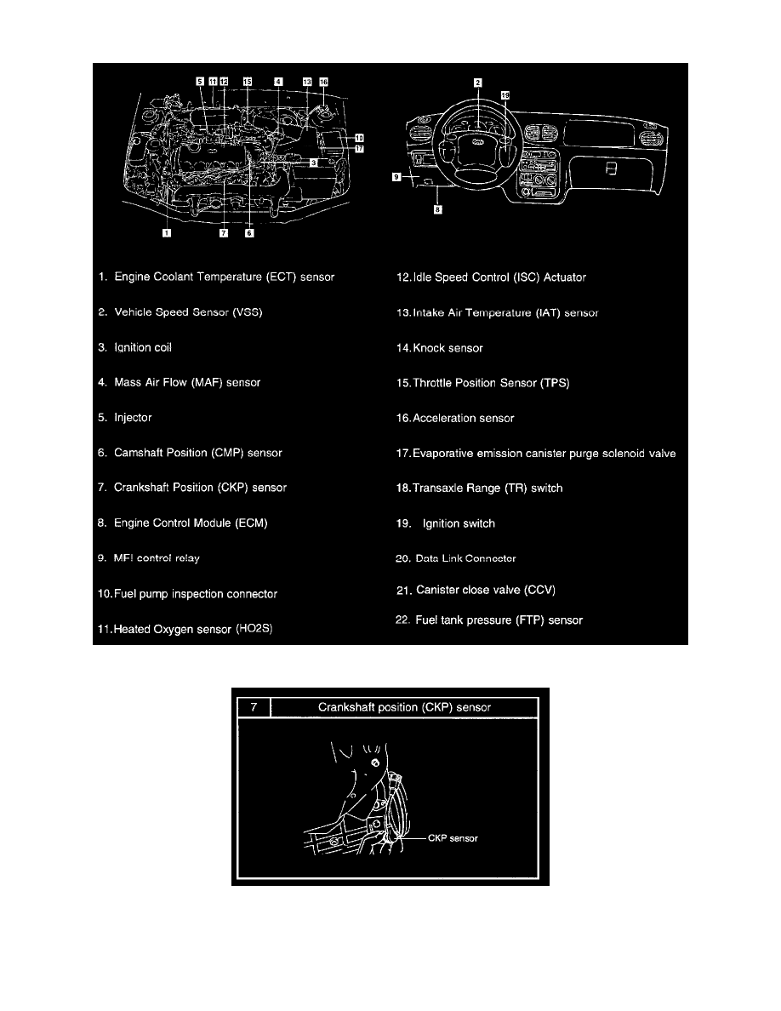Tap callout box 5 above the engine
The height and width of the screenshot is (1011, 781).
tap(200, 82)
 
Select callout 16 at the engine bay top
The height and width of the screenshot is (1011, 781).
tap(323, 82)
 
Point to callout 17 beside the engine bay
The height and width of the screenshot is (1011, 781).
tap(359, 148)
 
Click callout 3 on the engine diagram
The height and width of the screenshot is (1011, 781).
tap(314, 162)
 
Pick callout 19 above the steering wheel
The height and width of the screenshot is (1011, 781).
tap(505, 97)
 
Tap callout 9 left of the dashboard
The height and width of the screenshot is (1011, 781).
tap(396, 178)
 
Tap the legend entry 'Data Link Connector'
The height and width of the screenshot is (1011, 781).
tap(466, 559)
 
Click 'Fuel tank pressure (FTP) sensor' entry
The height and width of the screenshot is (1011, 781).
tap(499, 620)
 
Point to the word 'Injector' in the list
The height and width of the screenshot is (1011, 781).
tap(133, 418)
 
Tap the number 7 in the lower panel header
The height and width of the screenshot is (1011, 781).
tap(253, 706)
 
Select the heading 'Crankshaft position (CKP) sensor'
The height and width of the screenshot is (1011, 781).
tap(404, 706)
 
